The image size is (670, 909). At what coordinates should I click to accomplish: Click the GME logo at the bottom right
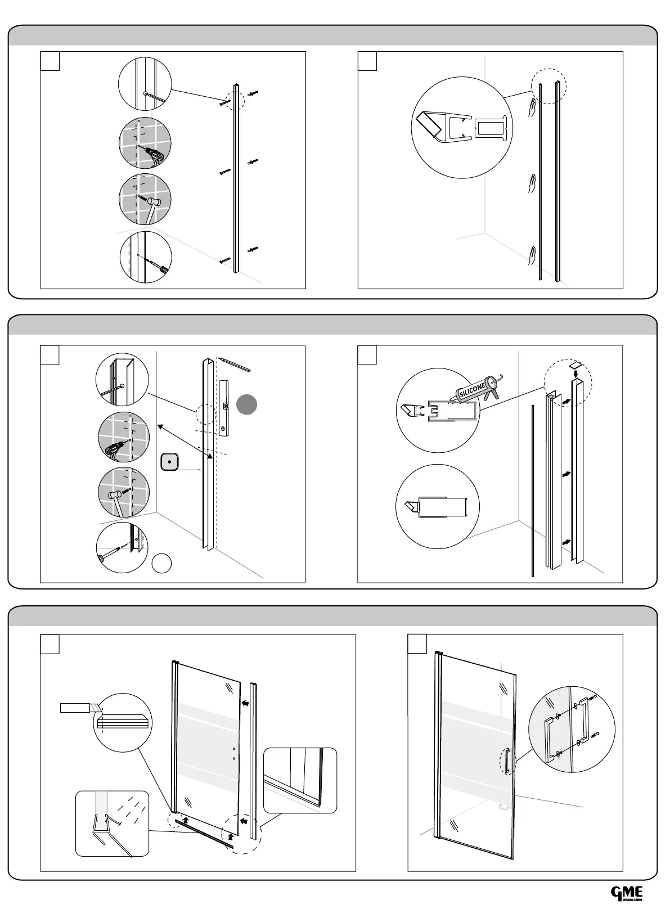click(627, 893)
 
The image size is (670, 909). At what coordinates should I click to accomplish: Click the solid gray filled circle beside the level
click(246, 404)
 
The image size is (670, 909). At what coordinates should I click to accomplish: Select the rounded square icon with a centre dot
click(169, 462)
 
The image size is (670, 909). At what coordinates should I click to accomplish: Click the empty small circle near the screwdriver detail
click(162, 562)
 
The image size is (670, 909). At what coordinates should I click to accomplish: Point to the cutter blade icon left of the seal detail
click(80, 708)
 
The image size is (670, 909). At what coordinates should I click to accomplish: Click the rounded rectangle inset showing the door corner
click(300, 780)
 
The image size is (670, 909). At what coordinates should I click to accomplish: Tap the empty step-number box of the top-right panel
click(367, 61)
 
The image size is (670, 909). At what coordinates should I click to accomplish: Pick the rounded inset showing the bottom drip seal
click(113, 823)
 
